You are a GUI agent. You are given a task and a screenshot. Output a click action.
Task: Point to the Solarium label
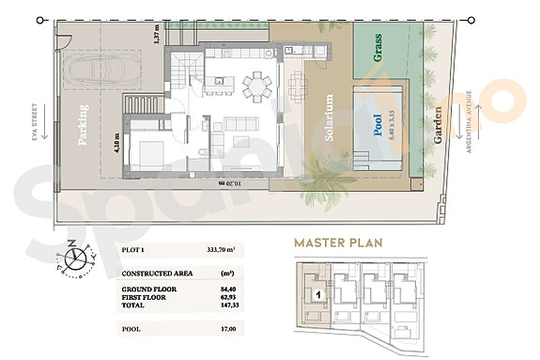[x=330, y=117]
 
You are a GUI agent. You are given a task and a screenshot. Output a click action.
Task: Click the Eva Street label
[x=33, y=122]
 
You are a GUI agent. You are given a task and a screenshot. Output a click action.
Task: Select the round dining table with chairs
[x=255, y=87]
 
